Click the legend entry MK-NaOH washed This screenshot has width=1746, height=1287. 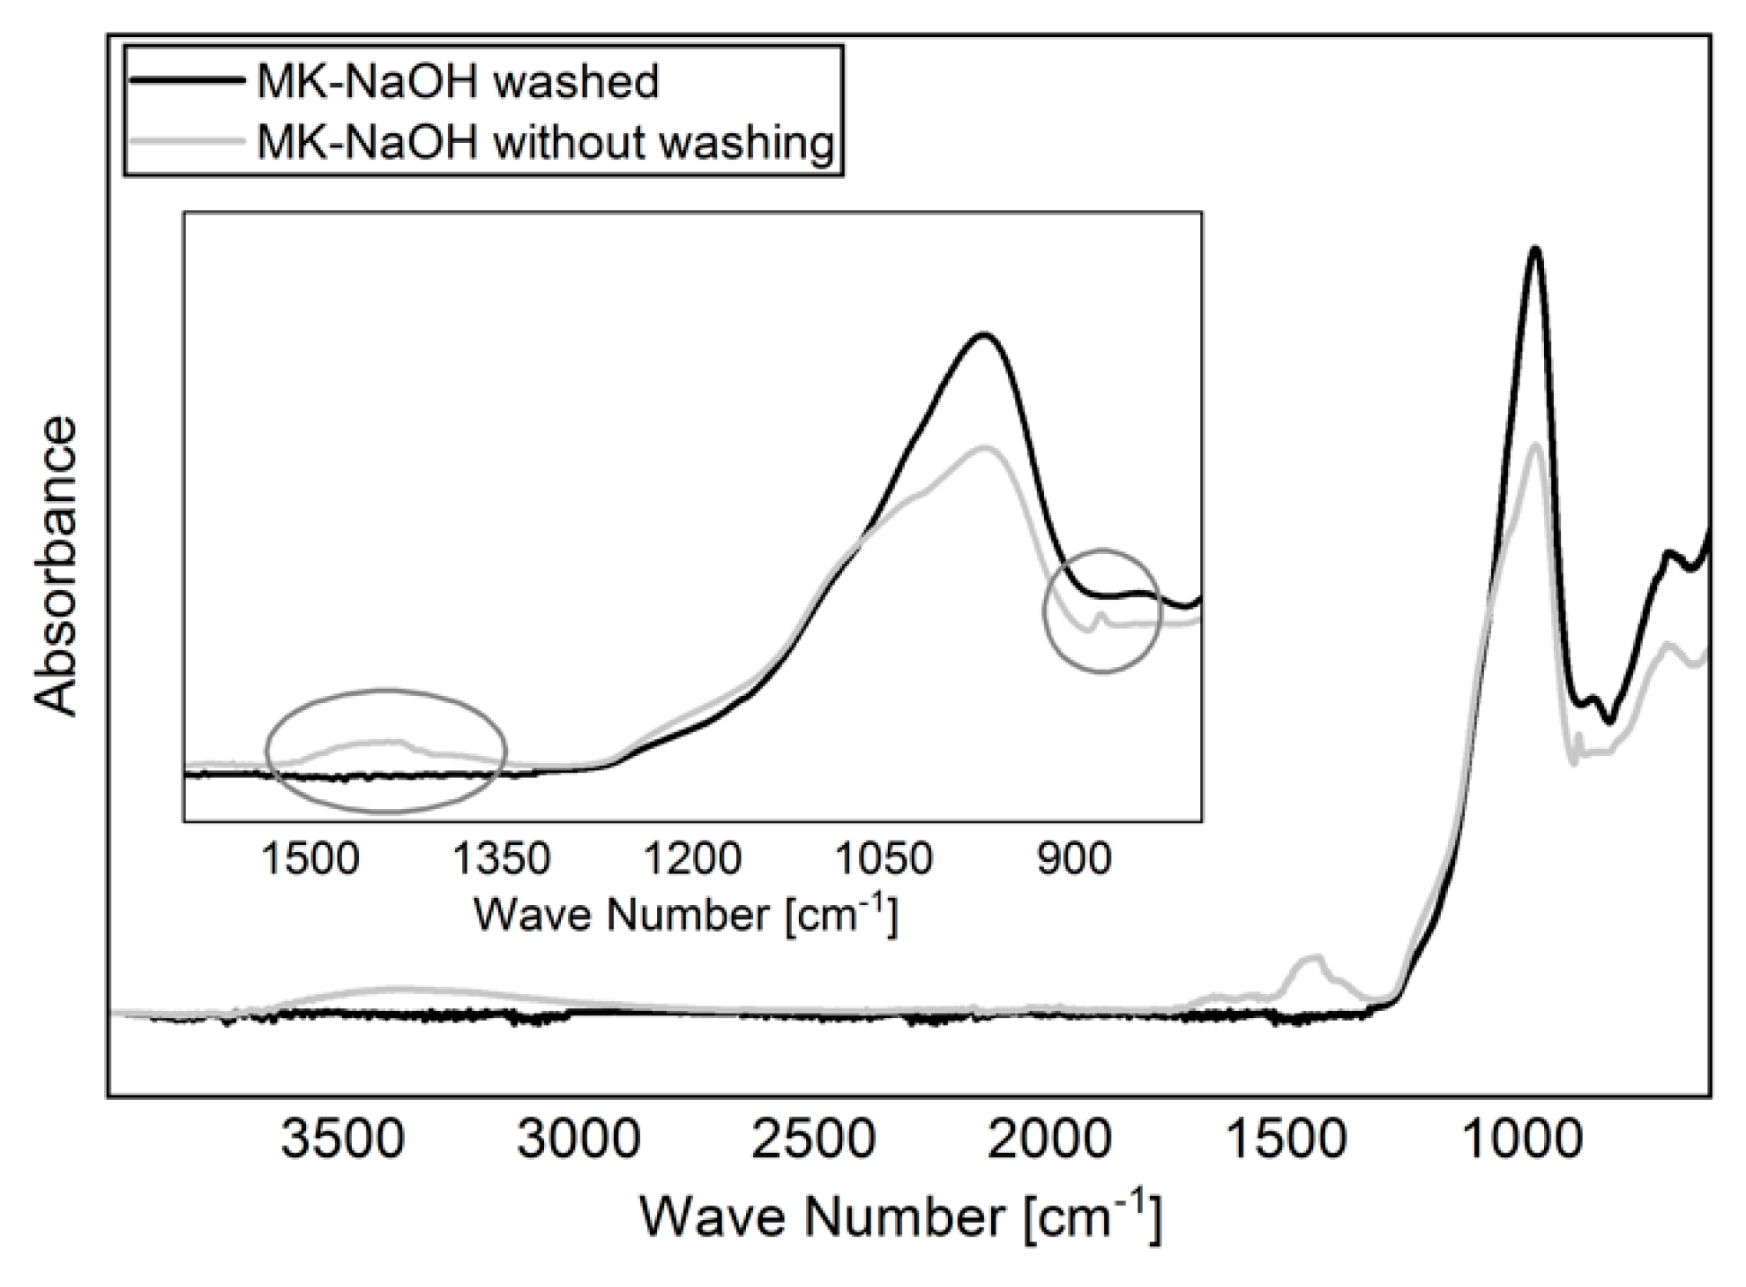point(457,82)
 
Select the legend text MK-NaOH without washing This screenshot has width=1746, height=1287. point(545,142)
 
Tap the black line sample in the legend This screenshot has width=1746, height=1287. point(186,80)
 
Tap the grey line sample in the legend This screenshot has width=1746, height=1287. point(186,140)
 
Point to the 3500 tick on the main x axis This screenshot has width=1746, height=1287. point(343,1140)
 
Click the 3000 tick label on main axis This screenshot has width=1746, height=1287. point(578,1140)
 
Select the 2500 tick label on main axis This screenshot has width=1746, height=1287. point(814,1140)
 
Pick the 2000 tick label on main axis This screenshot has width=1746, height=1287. point(1049,1140)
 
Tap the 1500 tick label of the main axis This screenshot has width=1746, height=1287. point(1287,1140)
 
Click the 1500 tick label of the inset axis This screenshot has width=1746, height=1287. point(311,858)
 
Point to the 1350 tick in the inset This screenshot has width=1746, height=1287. point(502,858)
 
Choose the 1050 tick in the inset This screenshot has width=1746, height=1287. point(884,858)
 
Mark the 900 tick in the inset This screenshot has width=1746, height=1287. point(1074,858)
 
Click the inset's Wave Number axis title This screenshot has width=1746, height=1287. point(686,915)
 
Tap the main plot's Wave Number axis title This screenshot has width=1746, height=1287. point(900,1217)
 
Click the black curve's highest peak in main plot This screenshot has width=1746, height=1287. point(1536,249)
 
